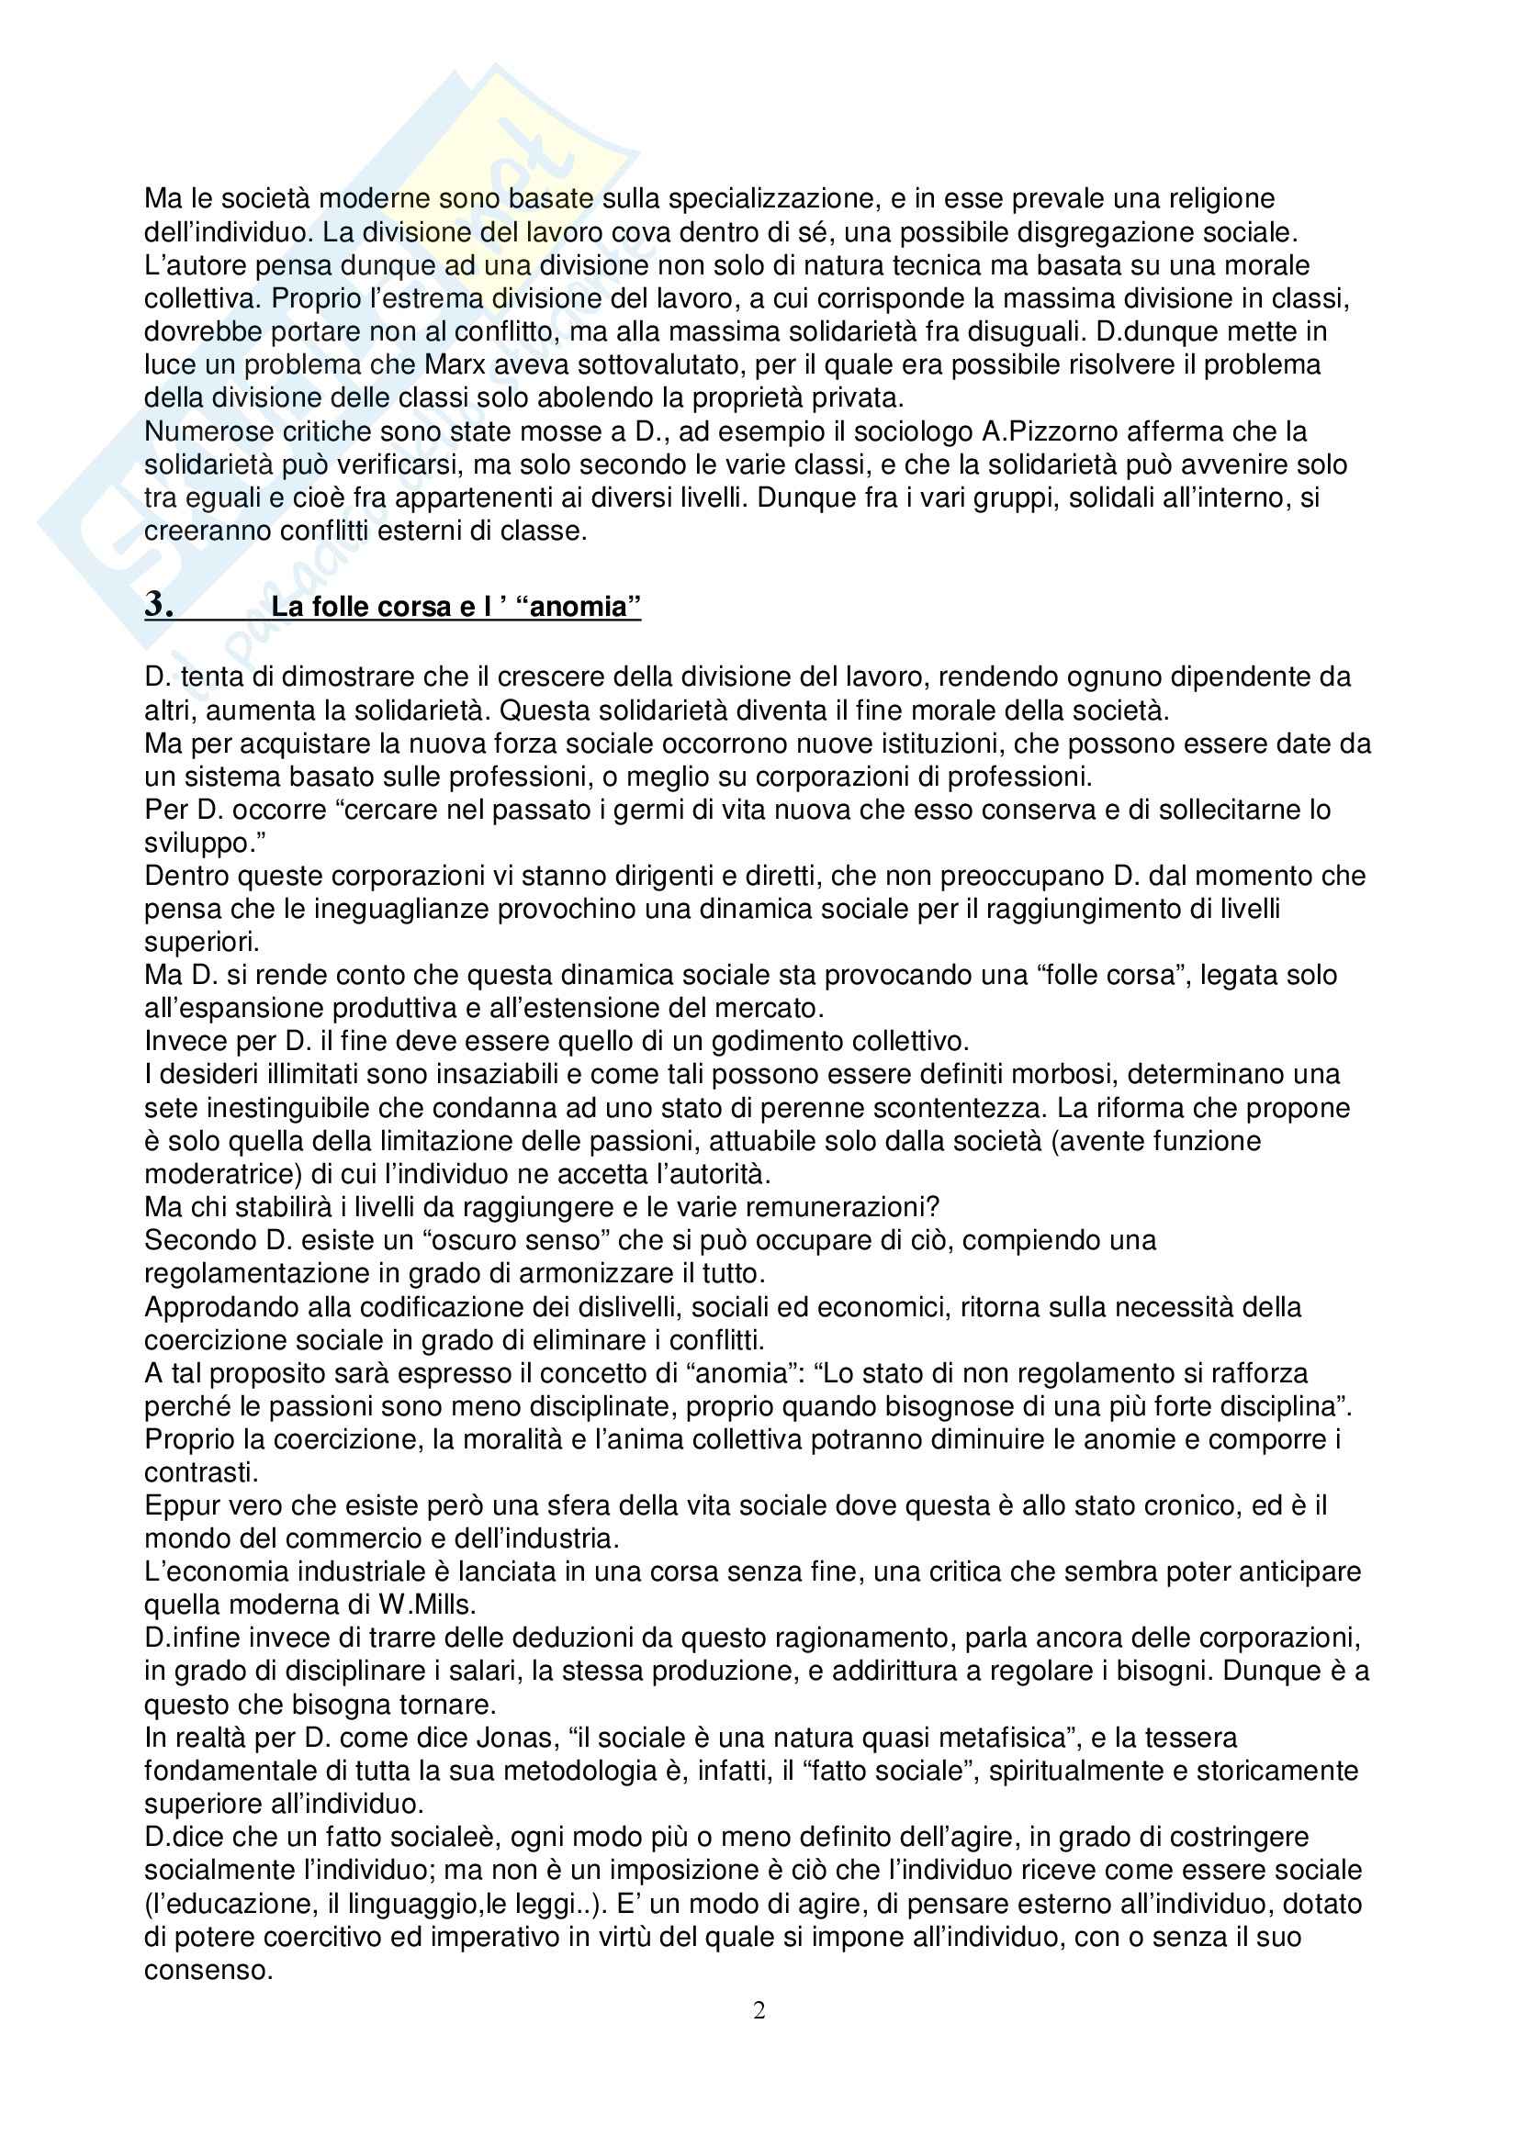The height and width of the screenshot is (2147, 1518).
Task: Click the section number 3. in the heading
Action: point(159,605)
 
